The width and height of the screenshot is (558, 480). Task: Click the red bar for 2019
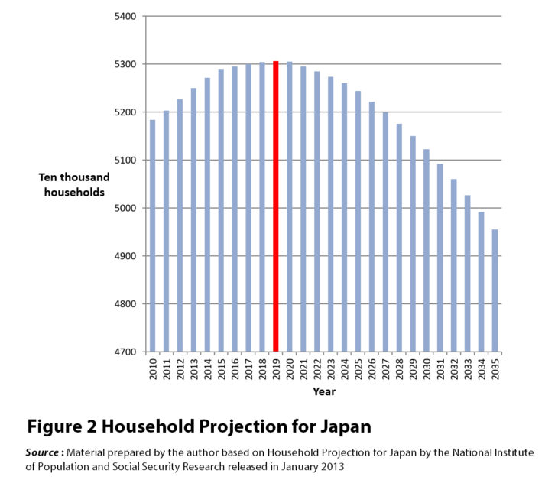tap(275, 206)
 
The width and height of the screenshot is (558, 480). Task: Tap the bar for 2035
tap(495, 290)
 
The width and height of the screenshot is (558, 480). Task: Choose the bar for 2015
tap(221, 210)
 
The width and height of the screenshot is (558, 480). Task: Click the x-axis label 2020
tap(290, 368)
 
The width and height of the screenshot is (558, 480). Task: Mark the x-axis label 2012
tap(180, 368)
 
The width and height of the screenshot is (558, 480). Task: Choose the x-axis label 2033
tap(468, 368)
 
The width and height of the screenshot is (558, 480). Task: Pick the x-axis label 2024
tap(345, 368)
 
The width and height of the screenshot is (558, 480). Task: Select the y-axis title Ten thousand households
tap(72, 185)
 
